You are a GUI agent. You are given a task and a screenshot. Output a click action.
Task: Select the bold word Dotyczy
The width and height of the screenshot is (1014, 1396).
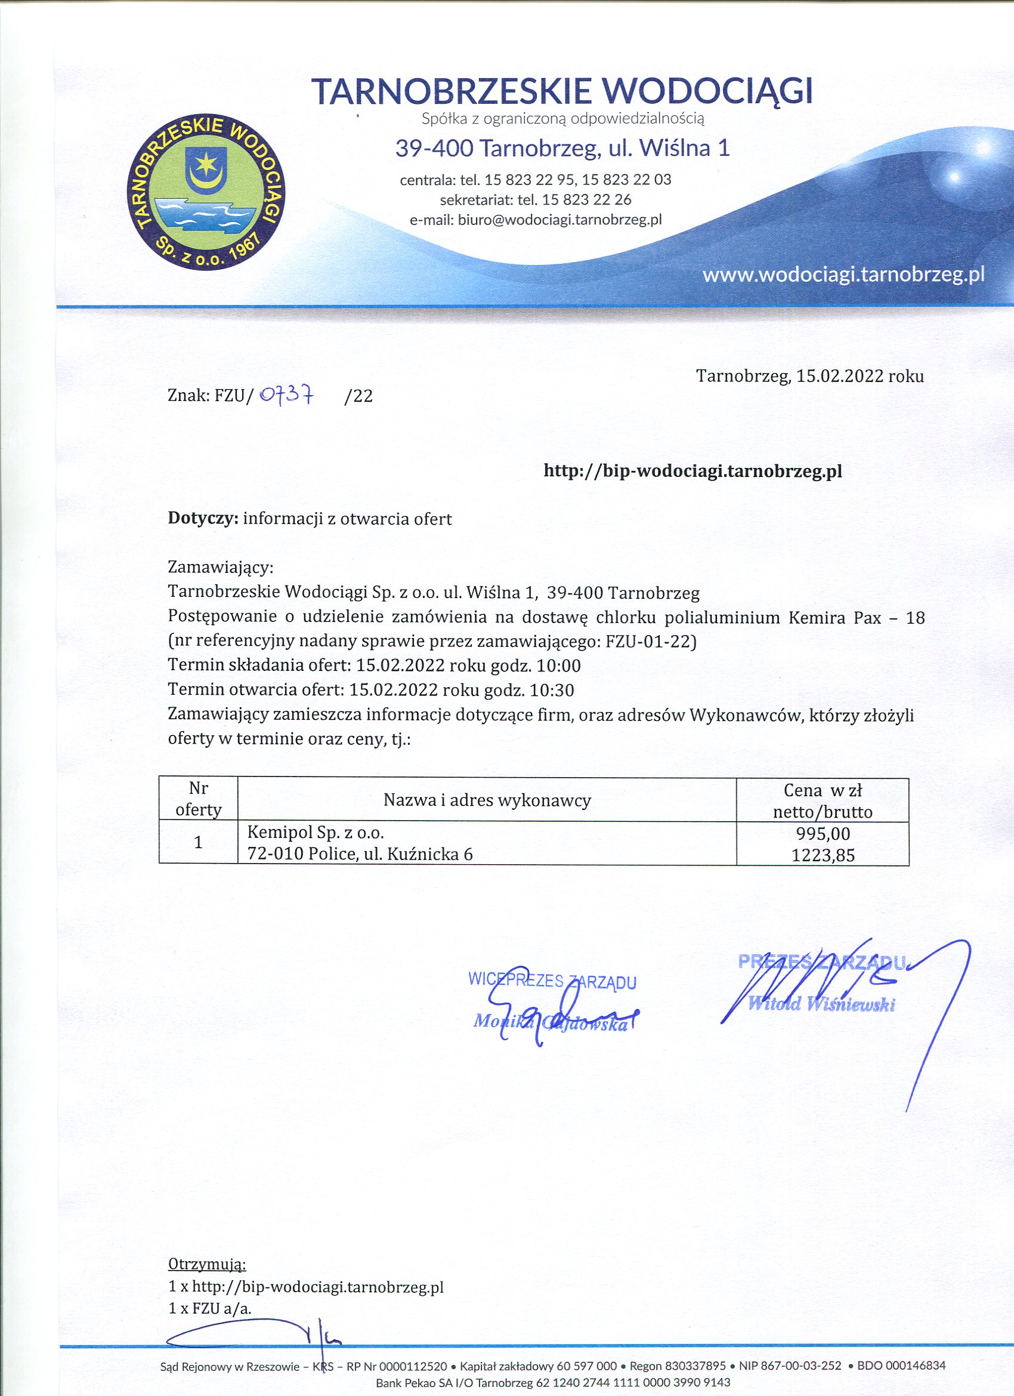(x=203, y=519)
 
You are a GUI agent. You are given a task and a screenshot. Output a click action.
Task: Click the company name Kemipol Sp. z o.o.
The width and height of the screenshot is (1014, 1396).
(x=315, y=833)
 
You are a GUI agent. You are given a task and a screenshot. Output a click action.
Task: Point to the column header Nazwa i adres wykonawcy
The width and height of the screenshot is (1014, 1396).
(x=487, y=800)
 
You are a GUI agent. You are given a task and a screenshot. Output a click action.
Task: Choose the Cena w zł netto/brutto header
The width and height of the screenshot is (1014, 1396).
(x=822, y=800)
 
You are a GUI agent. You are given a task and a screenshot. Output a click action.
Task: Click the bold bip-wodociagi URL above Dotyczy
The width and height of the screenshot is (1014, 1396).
(x=693, y=472)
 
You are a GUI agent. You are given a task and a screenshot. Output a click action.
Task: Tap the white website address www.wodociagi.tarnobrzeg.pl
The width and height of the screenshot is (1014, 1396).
(x=843, y=275)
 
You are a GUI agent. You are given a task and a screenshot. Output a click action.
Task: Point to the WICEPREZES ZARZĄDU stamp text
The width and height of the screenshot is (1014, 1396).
(x=552, y=981)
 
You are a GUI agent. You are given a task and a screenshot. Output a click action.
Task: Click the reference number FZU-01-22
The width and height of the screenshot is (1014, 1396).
(x=650, y=642)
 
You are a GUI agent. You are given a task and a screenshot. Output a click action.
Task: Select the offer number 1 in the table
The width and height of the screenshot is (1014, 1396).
(x=198, y=843)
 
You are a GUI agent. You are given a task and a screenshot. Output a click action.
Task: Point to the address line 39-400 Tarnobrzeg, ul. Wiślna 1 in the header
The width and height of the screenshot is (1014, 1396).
(x=562, y=149)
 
